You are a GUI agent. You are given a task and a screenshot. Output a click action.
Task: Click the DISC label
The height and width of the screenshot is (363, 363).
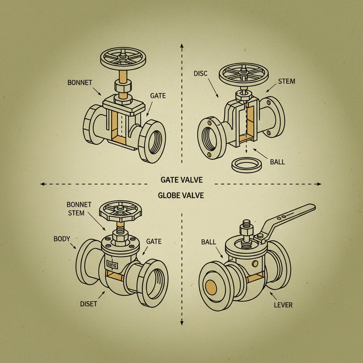click(x=201, y=73)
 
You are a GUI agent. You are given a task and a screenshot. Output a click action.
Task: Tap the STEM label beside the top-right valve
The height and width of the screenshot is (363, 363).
click(x=286, y=81)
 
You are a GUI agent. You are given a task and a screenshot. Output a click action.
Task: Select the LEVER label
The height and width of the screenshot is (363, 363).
click(x=283, y=305)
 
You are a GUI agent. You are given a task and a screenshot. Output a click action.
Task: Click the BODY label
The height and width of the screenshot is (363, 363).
click(x=62, y=239)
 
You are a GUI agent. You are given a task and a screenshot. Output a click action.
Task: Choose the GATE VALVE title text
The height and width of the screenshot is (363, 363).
click(x=181, y=180)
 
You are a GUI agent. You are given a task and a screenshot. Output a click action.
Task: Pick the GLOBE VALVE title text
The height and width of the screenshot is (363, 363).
click(x=181, y=195)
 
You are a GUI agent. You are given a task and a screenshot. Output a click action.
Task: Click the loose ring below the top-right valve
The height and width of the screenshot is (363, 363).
click(x=245, y=164)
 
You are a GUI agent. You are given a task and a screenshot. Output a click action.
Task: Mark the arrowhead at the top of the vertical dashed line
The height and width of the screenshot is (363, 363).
click(x=181, y=45)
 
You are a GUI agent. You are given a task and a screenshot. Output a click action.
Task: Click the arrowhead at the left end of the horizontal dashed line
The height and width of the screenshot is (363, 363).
click(x=42, y=184)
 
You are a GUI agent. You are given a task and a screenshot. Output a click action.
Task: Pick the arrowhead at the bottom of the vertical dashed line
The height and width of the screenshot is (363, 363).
click(x=181, y=323)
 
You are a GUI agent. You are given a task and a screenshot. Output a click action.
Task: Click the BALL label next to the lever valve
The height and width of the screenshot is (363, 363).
click(x=208, y=242)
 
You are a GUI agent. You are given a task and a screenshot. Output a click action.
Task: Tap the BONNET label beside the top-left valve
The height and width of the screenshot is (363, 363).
click(x=80, y=83)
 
